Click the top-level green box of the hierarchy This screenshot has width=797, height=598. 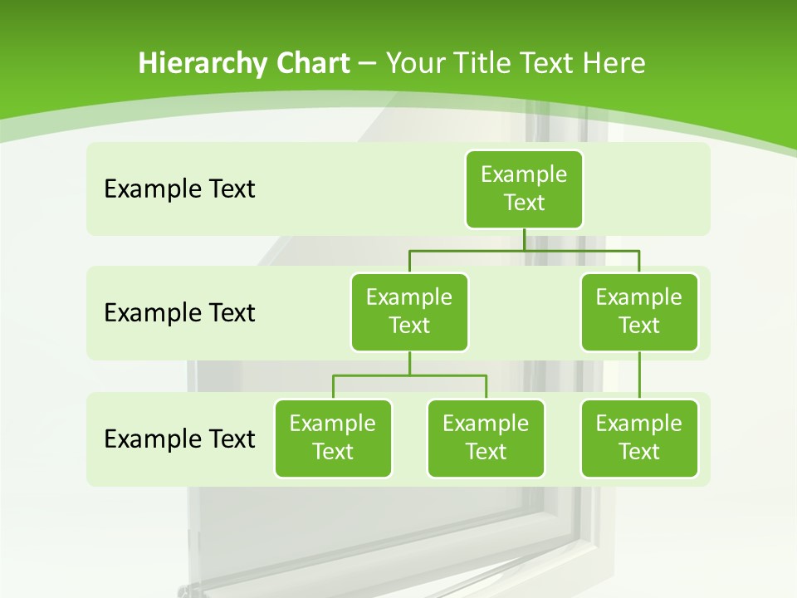tap(524, 189)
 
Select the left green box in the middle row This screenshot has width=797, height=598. tap(409, 311)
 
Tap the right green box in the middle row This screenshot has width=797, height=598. tap(639, 311)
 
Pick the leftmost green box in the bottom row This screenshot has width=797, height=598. tap(333, 438)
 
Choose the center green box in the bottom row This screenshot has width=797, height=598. tap(486, 438)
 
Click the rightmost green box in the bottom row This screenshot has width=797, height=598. tap(639, 438)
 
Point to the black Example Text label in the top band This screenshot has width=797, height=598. tap(179, 189)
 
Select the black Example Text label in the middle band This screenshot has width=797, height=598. tap(179, 313)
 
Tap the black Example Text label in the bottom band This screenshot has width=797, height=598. tap(179, 439)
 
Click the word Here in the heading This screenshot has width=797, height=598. tap(614, 63)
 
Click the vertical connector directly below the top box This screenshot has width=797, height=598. tap(524, 239)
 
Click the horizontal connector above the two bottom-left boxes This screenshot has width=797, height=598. tap(409, 375)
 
